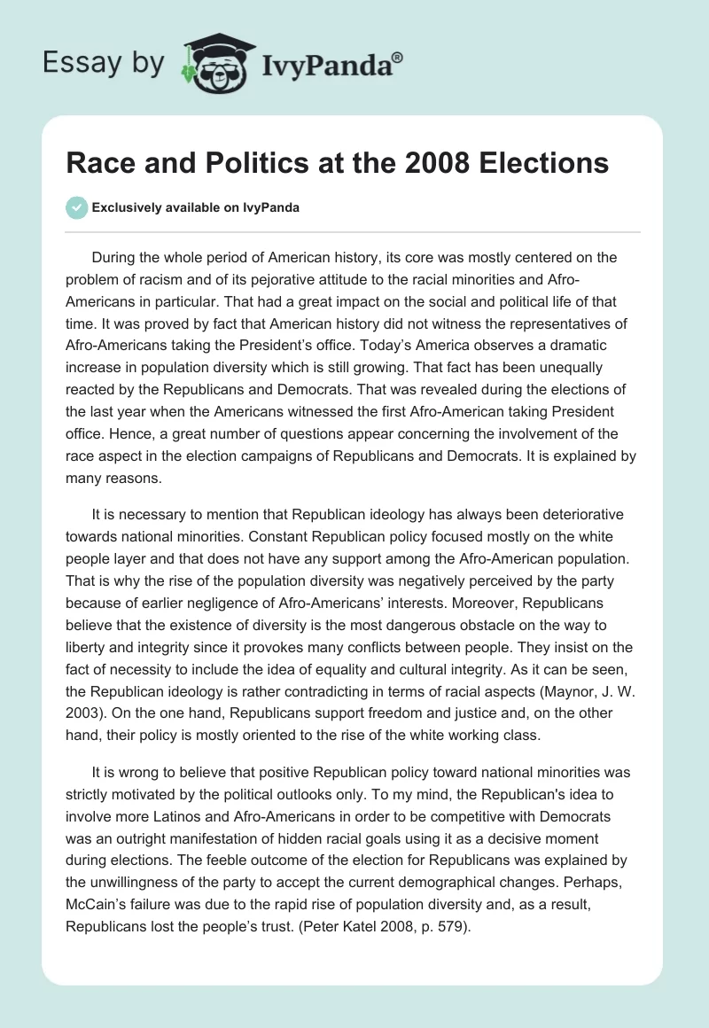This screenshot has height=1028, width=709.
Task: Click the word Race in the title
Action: [98, 164]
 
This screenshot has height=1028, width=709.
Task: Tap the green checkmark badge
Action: [76, 207]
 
